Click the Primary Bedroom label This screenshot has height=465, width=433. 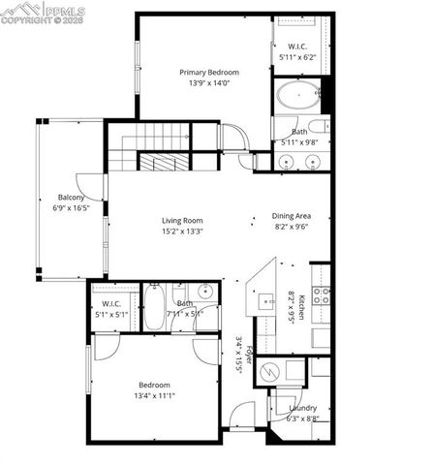(x=209, y=72)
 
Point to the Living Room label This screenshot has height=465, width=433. (x=181, y=220)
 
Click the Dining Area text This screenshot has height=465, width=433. (x=291, y=218)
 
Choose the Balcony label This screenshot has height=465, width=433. (x=70, y=197)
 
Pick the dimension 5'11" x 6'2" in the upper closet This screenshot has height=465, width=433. (x=297, y=58)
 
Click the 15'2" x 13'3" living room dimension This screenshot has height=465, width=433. (x=181, y=232)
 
